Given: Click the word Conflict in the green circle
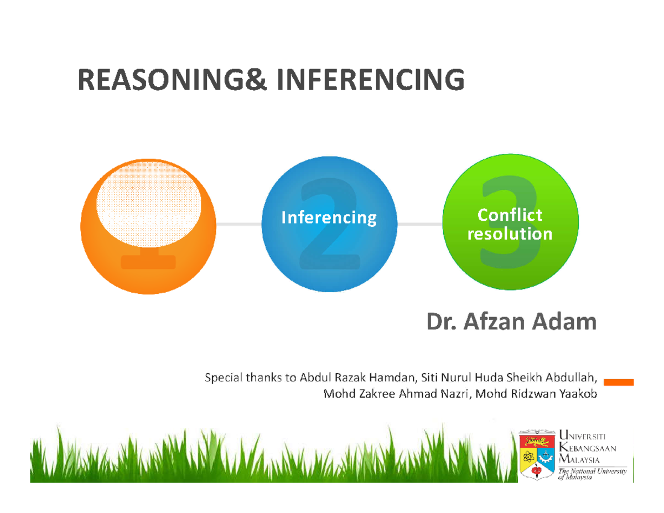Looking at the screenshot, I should tap(510, 214).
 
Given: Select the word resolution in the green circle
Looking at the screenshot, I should tap(510, 234).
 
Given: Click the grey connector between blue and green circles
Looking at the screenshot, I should tap(421, 224).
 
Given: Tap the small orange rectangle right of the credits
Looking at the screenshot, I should tap(618, 382).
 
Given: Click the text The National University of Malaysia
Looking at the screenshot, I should tap(592, 474).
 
